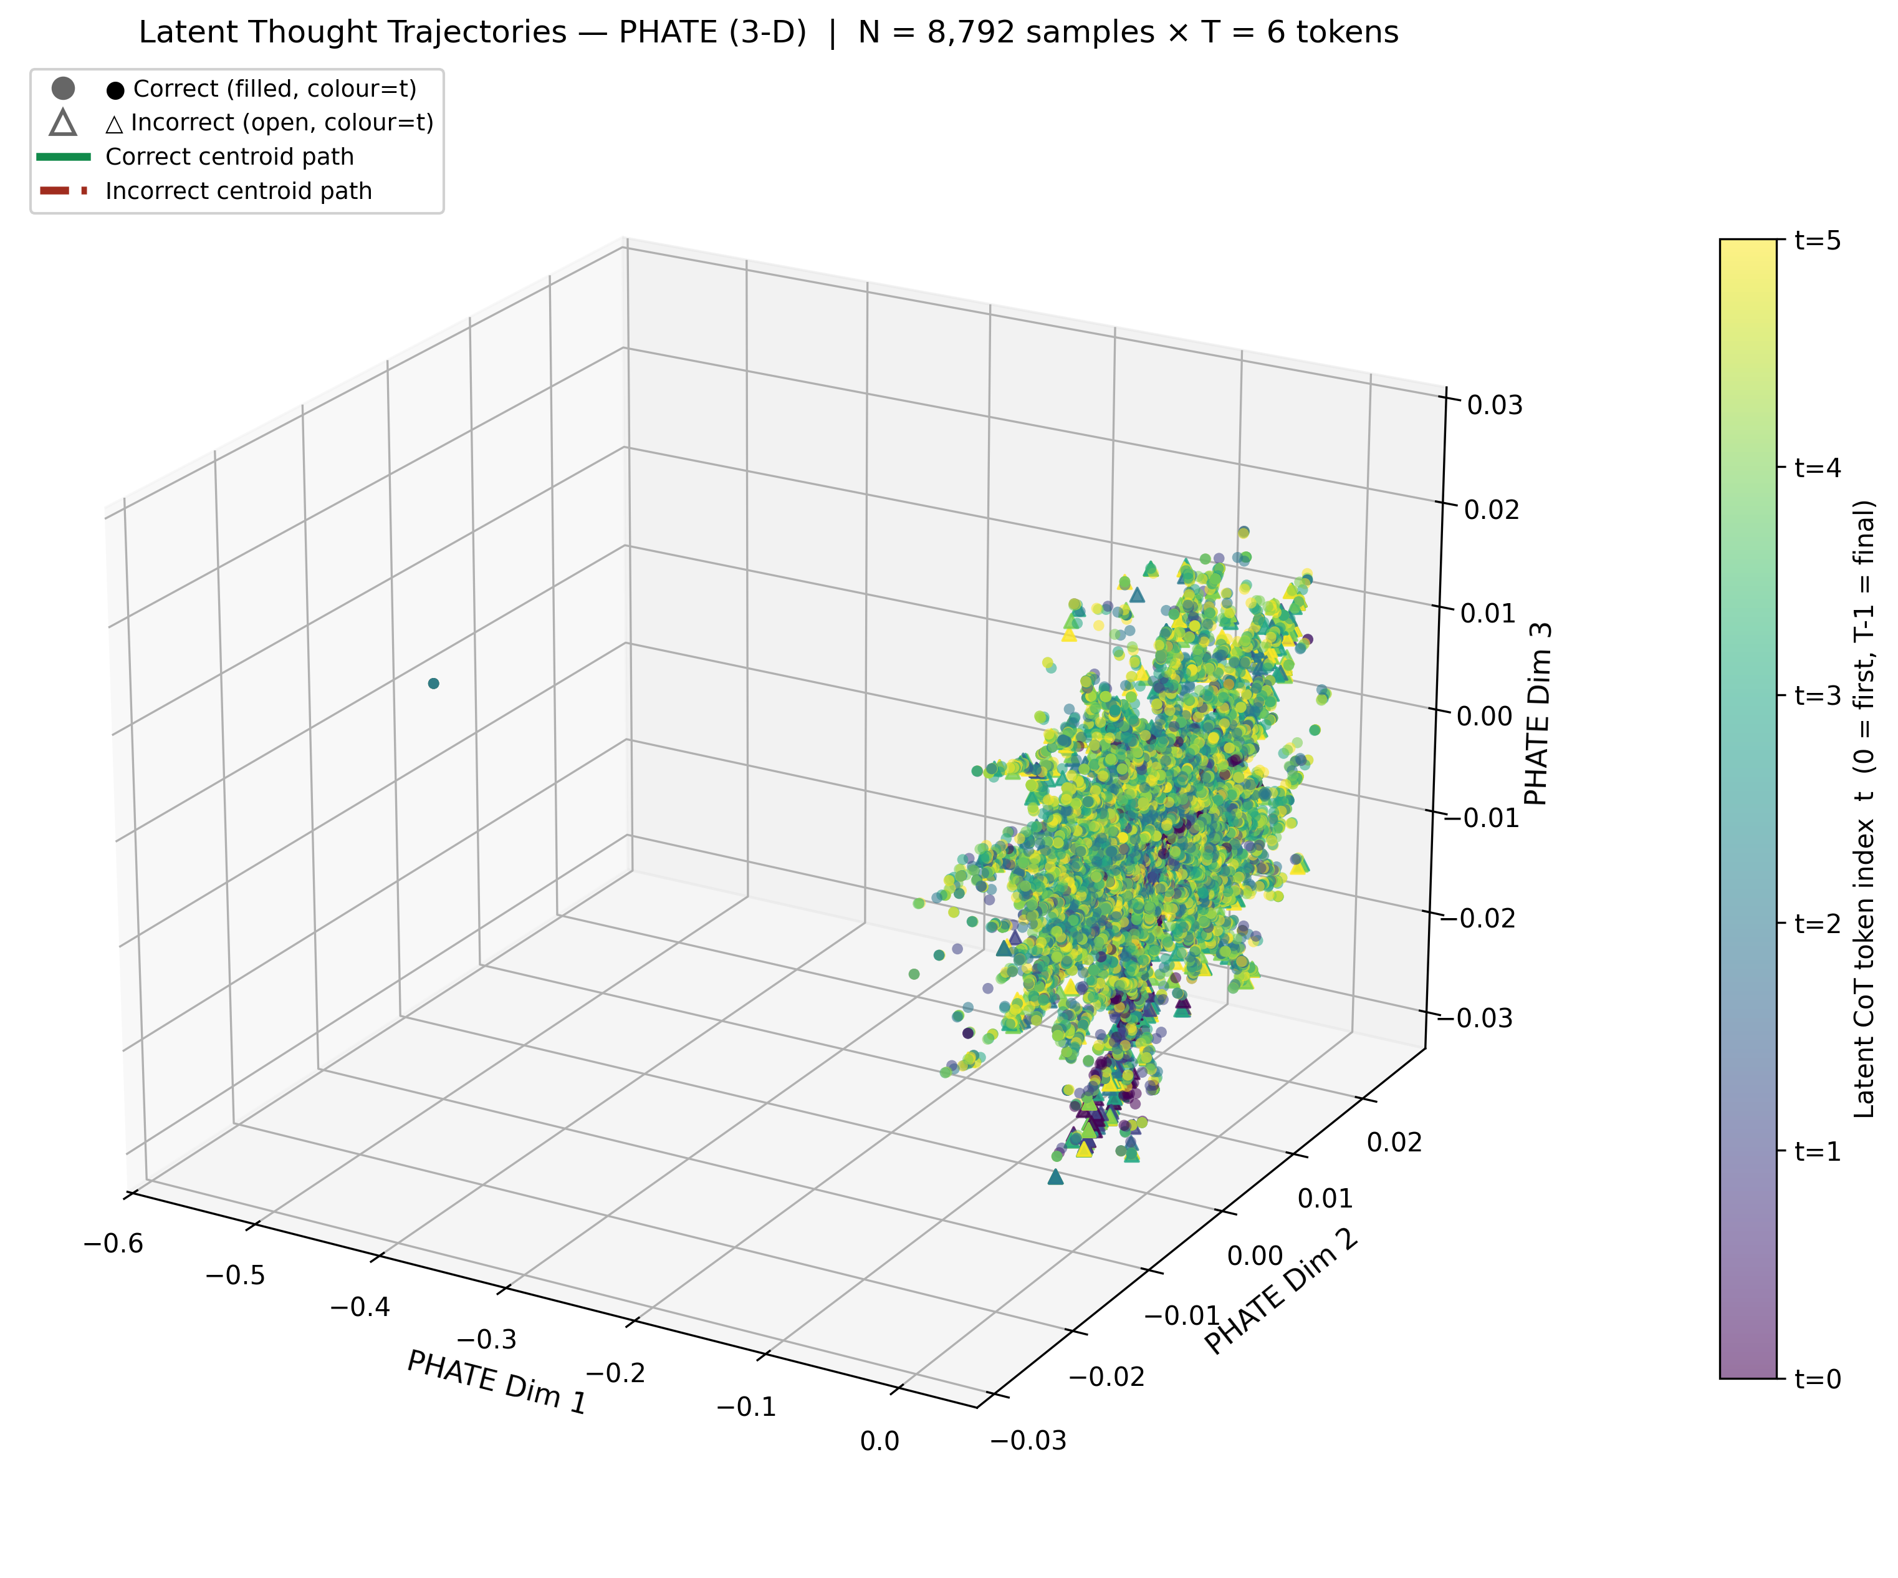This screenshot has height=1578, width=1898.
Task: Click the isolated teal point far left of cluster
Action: [434, 684]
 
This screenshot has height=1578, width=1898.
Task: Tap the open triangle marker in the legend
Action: [64, 123]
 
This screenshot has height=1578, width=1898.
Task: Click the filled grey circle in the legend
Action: [64, 89]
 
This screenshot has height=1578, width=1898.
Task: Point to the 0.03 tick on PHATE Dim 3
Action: [1494, 405]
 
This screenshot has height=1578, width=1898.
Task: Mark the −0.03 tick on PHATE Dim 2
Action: [1028, 1441]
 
